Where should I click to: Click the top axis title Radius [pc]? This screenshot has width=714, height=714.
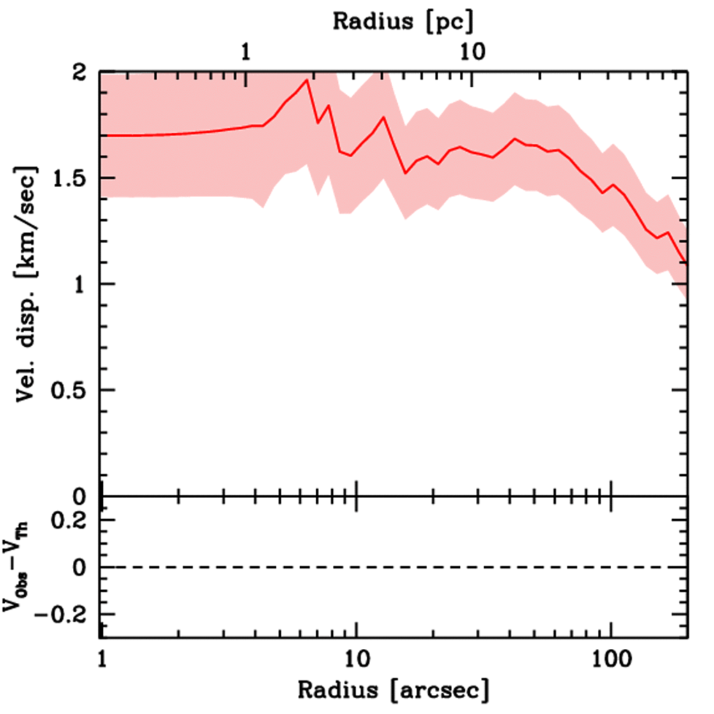[402, 22]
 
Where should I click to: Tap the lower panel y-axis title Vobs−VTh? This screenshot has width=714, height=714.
[21, 566]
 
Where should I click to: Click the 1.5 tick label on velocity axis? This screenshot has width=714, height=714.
[72, 178]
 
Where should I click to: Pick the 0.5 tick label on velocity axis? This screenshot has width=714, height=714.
[72, 390]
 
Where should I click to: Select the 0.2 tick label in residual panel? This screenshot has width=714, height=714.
[72, 520]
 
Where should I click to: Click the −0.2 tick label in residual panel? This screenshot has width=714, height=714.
[66, 614]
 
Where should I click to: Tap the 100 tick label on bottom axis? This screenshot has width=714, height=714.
[611, 658]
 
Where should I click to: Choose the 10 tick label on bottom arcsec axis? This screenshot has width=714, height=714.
[357, 658]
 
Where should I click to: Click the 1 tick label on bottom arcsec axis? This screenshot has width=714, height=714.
[102, 658]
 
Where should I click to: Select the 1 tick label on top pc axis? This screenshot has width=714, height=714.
[245, 52]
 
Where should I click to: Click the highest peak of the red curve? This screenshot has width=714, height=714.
[307, 81]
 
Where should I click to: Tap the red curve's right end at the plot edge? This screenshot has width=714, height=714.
[688, 264]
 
